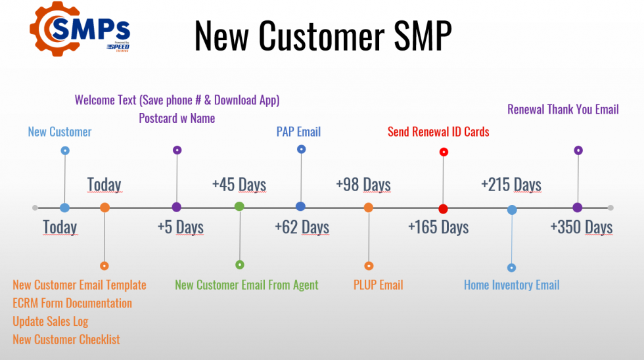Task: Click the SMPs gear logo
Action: (80, 29)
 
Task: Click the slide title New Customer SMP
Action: (323, 36)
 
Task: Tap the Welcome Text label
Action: (177, 100)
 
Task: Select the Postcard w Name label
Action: (177, 118)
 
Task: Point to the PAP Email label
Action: (298, 132)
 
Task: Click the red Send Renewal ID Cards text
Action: (439, 132)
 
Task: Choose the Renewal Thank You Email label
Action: (563, 109)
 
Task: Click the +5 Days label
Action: (181, 227)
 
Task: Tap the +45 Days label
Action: (239, 185)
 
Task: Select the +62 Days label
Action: (302, 227)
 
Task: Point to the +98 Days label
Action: (363, 185)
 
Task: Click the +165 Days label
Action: (438, 227)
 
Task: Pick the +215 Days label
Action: (511, 185)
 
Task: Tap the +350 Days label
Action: (582, 227)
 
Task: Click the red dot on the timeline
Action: (443, 209)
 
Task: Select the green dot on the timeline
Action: (239, 206)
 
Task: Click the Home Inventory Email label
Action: (512, 285)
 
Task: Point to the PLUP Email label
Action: (379, 285)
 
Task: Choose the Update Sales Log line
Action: (51, 321)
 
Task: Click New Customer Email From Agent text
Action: (246, 285)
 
